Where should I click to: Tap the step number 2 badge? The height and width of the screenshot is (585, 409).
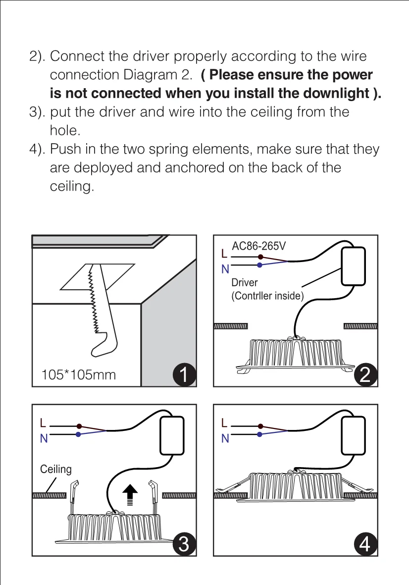365,375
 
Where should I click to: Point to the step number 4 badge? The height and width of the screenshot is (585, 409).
365,544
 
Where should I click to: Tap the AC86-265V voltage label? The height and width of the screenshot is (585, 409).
259,246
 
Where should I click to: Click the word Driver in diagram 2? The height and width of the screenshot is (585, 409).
245,283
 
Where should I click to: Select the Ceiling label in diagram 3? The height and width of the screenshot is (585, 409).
55,469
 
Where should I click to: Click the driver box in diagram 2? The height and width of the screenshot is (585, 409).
353,266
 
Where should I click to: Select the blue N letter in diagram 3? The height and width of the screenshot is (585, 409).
44,438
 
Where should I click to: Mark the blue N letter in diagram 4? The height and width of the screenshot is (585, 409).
225,438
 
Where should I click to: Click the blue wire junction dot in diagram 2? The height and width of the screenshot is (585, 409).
259,266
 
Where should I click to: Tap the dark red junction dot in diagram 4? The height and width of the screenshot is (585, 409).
259,425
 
